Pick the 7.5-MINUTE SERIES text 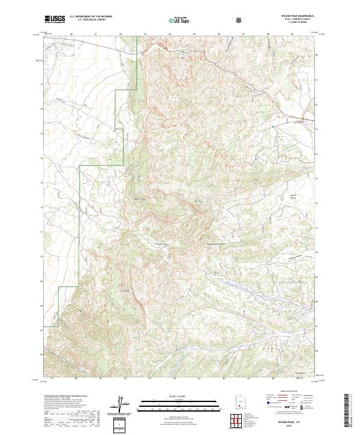(298, 23)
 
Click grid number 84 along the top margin (170, 34)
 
